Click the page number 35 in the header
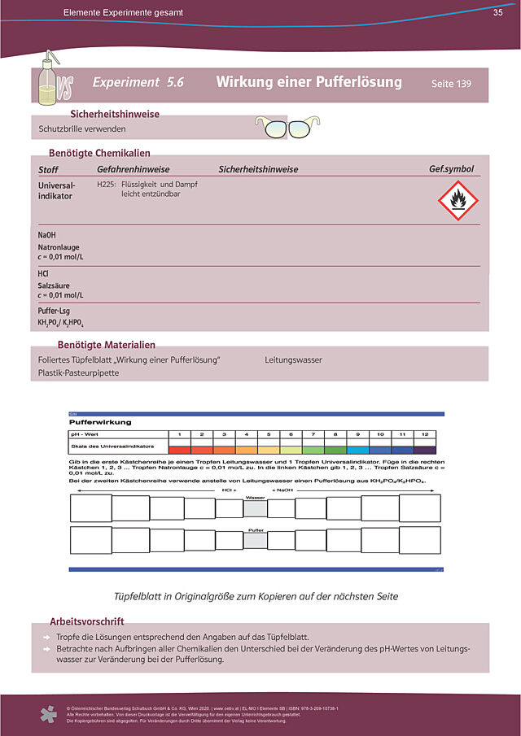497,13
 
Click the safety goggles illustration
288,127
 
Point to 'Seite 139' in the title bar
451,84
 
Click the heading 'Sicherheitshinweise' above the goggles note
115,114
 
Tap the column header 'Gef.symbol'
451,169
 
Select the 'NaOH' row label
47,235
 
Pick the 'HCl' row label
44,274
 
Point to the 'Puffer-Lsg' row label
55,311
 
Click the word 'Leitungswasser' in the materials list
293,359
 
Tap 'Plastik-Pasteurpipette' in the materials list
78,373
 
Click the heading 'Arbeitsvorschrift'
87,621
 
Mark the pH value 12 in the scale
424,434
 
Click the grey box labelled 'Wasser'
255,508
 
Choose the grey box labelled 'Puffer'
255,540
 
